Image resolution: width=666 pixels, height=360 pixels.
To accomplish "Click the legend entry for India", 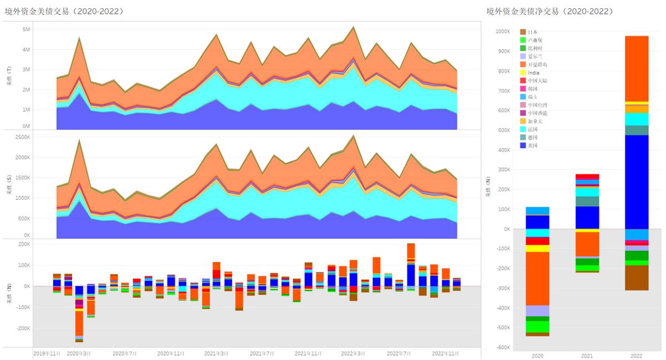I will point(533,73).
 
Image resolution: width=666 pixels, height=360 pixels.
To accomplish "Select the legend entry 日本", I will point(532,32).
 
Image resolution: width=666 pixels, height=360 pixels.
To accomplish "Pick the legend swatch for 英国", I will point(523,145).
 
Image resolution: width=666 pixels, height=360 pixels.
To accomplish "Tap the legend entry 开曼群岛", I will point(536,65).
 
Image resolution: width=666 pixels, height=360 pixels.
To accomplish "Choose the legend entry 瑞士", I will point(532,97).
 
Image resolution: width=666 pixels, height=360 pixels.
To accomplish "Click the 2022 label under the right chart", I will point(636,355).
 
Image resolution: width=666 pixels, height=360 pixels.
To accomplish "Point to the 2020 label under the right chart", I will point(537,355).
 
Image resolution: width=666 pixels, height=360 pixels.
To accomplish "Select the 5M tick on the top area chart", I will point(26,29).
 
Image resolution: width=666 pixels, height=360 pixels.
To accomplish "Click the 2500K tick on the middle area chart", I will point(22,137).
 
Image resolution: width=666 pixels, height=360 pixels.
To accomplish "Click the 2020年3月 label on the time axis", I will point(79,353).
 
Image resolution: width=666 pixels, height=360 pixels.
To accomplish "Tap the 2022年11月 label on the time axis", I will point(445,353).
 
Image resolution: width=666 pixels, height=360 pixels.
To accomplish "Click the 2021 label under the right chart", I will point(587,355).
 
